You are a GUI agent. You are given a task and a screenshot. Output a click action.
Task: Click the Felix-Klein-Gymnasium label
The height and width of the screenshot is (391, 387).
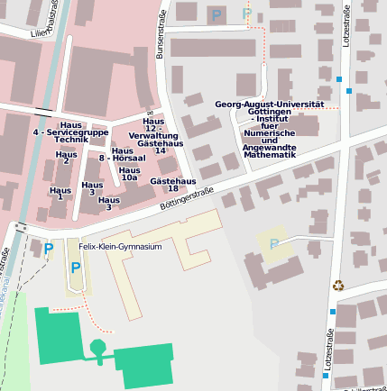[x=120, y=246]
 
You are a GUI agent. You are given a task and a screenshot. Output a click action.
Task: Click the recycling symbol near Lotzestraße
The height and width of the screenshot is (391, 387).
[x=338, y=286]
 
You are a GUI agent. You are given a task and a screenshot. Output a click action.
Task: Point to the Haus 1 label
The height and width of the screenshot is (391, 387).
[x=60, y=194]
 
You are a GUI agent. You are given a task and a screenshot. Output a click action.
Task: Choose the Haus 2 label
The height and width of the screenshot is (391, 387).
[x=66, y=158]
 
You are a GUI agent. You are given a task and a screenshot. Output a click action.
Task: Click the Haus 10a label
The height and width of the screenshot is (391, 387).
[x=129, y=174]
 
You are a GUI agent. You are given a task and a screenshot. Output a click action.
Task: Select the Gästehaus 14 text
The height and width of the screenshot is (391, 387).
[x=159, y=147]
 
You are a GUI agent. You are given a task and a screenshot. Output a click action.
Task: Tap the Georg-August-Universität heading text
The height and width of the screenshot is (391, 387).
[x=269, y=105]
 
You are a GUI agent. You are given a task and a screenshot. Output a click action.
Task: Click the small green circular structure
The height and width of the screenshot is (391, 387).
[x=97, y=347]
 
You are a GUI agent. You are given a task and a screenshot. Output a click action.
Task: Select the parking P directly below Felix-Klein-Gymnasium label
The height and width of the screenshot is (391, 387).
[x=76, y=268]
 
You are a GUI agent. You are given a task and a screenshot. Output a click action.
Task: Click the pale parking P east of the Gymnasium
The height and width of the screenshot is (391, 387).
[x=273, y=243]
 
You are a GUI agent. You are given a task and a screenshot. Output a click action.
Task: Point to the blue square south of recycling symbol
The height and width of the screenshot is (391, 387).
[x=332, y=312]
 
